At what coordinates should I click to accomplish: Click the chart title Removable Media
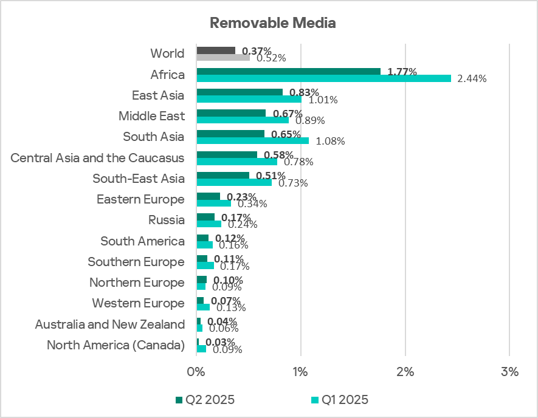[x=272, y=23]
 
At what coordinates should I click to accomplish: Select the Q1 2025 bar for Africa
[x=323, y=78]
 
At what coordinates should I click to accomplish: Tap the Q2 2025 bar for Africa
[x=288, y=71]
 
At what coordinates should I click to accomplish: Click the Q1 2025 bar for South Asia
[x=252, y=140]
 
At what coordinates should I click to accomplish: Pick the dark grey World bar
[x=215, y=50]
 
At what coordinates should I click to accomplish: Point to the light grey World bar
[x=223, y=57]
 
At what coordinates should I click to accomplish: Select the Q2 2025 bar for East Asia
[x=239, y=92]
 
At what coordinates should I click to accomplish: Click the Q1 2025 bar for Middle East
[x=243, y=120]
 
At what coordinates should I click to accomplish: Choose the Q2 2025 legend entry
[x=205, y=400]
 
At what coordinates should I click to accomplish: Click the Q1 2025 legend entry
[x=339, y=400]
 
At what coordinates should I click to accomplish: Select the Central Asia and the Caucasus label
[x=97, y=159]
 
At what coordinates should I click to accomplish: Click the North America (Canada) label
[x=116, y=346]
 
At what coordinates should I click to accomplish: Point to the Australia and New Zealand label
[x=109, y=324]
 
